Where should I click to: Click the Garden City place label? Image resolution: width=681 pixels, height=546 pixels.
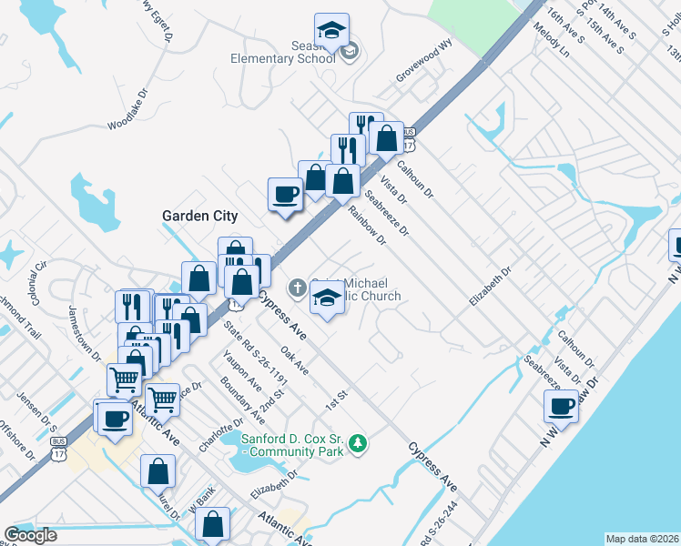tap(199, 216)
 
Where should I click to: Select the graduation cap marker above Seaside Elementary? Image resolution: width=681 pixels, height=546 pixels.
tap(331, 30)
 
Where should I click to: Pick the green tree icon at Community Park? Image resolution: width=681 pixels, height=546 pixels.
tap(361, 443)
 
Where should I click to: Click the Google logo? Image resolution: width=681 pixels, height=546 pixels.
tap(30, 535)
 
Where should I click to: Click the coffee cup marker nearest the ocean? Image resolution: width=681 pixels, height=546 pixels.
tap(561, 406)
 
